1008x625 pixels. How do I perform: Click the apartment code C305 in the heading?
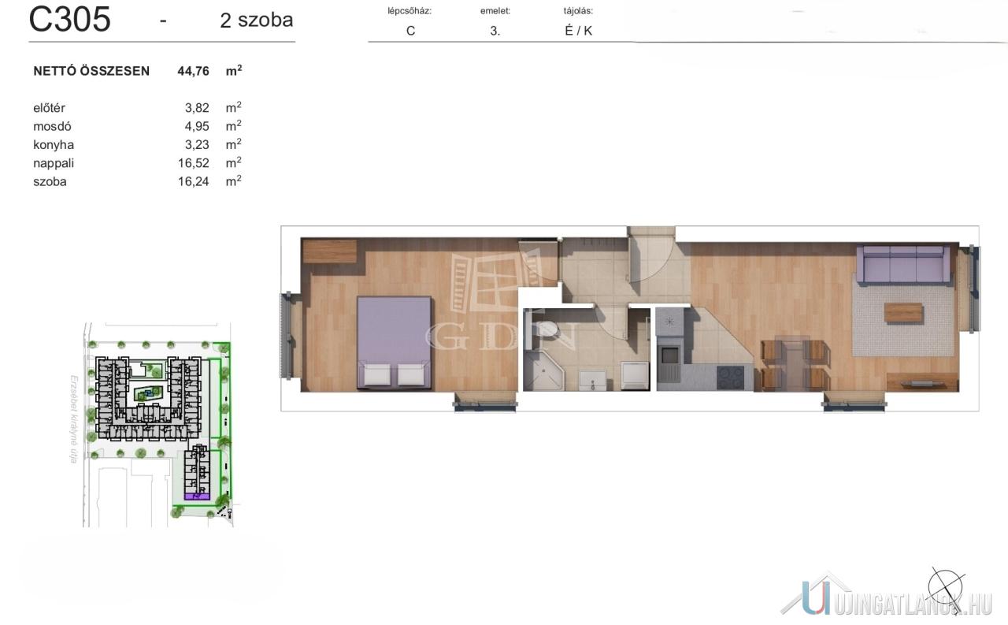70,20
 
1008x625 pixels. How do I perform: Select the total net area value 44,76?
193,71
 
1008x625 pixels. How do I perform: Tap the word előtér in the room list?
49,108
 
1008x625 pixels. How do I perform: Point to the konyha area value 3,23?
197,144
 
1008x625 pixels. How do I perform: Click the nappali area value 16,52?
193,163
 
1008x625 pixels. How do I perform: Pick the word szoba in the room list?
50,181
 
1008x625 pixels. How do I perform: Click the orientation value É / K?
578,31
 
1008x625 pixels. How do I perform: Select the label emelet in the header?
495,11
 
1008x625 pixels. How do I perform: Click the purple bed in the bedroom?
395,342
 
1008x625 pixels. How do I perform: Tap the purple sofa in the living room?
902,265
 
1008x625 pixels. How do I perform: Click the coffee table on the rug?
903,313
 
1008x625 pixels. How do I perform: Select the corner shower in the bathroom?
543,371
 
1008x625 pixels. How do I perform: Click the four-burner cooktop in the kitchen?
730,378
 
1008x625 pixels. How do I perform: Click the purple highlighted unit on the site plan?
197,497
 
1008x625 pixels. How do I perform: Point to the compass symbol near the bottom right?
946,589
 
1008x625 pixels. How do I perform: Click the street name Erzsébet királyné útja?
74,419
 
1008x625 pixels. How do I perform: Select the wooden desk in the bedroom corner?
330,251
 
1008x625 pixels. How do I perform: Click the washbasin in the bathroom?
593,381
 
